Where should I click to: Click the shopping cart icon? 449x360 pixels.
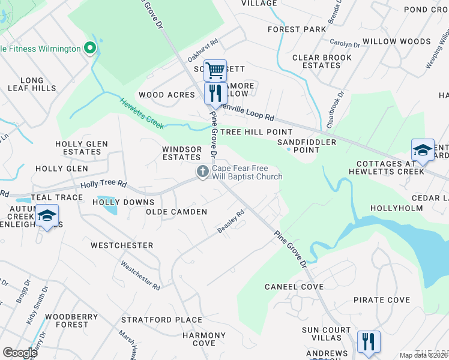215,70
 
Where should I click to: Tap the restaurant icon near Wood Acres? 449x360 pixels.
215,93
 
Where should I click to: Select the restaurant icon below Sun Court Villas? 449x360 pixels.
368,341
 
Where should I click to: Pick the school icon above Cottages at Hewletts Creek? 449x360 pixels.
423,150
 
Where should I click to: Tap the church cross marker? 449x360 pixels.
203,172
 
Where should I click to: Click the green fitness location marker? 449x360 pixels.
90,47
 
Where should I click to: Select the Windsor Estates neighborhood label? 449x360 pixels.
182,153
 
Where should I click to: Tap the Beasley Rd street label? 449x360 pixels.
231,221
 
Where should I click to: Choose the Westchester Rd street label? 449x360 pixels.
140,275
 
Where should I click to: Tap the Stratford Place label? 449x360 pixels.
161,320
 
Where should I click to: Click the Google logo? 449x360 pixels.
20,352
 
